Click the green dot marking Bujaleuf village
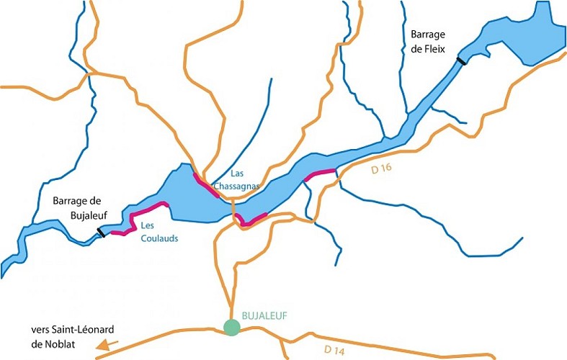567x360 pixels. (x=231, y=327)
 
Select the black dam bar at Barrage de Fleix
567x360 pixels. (x=462, y=61)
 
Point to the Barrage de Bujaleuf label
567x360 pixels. (x=79, y=208)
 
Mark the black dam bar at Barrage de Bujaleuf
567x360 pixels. (x=102, y=233)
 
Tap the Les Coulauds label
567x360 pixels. (x=159, y=231)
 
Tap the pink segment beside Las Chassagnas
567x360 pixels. (x=206, y=184)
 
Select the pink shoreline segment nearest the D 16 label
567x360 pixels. (x=320, y=174)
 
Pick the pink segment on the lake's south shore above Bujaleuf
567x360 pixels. (x=252, y=220)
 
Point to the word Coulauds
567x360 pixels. (x=159, y=237)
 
